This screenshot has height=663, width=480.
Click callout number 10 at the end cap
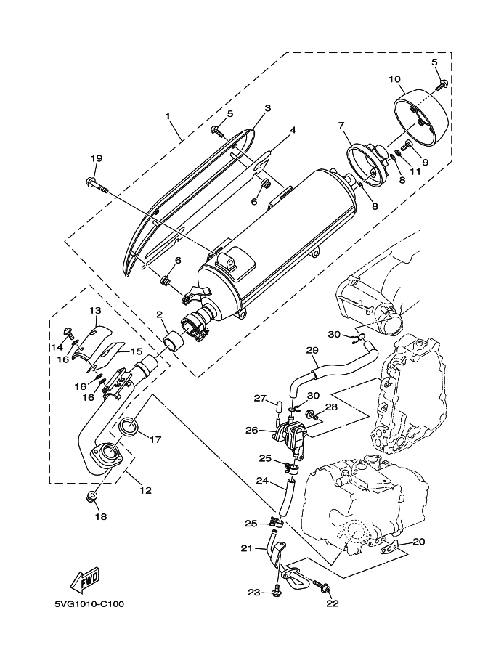click(394, 78)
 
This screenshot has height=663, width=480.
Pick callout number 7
click(340, 126)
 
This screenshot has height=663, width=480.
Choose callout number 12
click(145, 491)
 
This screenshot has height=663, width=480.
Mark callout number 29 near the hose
click(312, 351)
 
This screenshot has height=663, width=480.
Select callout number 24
click(261, 481)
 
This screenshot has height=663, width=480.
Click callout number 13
click(94, 310)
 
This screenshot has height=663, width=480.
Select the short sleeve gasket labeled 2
click(174, 340)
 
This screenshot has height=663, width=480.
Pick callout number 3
click(267, 108)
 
